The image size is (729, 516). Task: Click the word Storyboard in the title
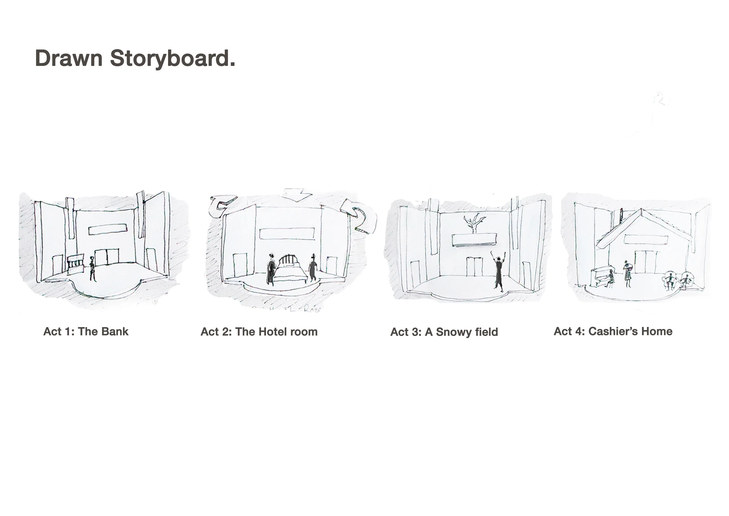tap(172, 58)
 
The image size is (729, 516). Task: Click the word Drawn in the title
tap(69, 58)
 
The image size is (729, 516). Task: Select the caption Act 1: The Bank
tap(86, 331)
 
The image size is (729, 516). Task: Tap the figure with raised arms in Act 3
tap(498, 272)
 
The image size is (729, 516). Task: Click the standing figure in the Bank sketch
tap(92, 269)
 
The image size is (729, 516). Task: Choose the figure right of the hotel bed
tap(313, 268)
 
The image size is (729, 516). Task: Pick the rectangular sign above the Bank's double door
tap(108, 229)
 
